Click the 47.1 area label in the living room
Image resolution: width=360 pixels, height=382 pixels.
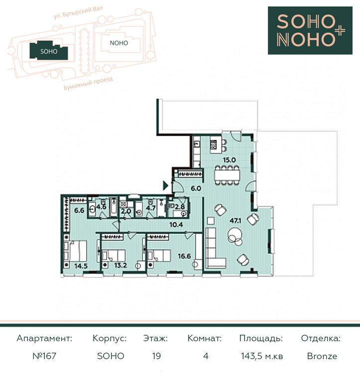click(236, 221)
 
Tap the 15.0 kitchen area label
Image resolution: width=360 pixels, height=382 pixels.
click(229, 160)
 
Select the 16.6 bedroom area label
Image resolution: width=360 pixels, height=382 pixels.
click(184, 256)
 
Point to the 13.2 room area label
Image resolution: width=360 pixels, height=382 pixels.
click(120, 265)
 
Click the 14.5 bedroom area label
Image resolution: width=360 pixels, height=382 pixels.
click(81, 266)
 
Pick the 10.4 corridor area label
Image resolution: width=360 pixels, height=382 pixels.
click(176, 224)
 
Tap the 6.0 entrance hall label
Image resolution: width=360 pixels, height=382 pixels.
click(196, 189)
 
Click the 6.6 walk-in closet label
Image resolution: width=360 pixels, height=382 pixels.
click(79, 210)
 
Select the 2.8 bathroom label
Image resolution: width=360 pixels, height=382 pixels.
click(180, 207)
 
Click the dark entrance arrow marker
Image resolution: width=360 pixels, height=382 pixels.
click(166, 186)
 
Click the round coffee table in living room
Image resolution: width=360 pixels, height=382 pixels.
click(235, 235)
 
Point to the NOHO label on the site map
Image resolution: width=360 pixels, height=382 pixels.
click(119, 43)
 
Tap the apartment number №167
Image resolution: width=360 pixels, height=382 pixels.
click(44, 356)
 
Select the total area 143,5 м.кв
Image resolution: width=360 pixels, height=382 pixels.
click(262, 356)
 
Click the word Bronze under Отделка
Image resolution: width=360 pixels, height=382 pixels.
click(322, 356)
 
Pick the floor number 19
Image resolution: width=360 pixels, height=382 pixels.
click(156, 356)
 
